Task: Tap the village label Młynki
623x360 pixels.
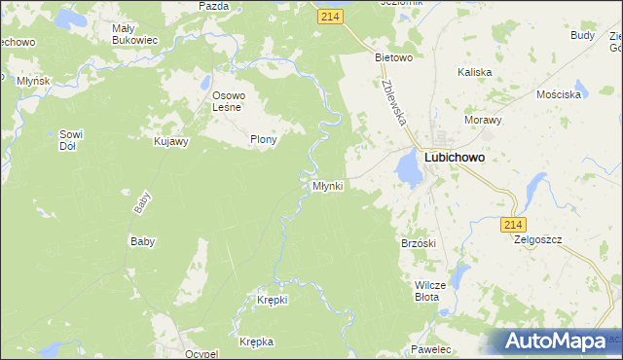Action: (327, 186)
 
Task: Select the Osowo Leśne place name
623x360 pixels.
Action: (233, 101)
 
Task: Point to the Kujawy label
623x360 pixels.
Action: (171, 141)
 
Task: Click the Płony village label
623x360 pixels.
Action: (264, 139)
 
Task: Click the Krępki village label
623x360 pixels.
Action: (273, 300)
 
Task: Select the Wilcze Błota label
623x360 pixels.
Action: (430, 291)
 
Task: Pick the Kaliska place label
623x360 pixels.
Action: (475, 72)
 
